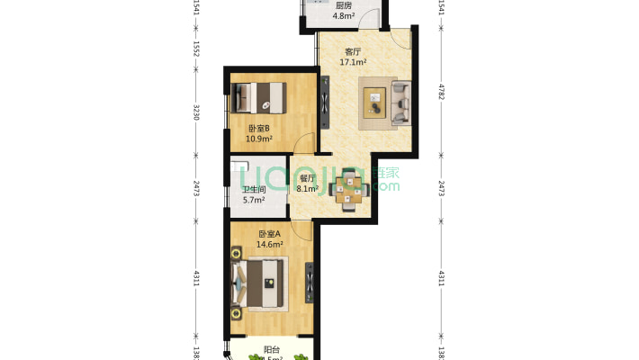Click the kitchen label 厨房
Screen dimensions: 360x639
point(343,5)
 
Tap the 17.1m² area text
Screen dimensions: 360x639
point(352,63)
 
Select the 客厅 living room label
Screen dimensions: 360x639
point(352,52)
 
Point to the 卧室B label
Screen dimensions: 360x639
point(259,129)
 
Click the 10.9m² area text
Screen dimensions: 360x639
point(259,139)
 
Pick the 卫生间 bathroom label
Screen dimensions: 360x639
point(254,190)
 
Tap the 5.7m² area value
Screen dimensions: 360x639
point(254,201)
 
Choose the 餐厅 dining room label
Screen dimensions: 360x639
point(308,178)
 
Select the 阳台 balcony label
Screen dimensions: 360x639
point(270,349)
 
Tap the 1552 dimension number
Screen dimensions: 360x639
point(195,50)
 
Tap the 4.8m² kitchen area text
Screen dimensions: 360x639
point(343,16)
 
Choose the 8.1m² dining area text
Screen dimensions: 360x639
point(308,189)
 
